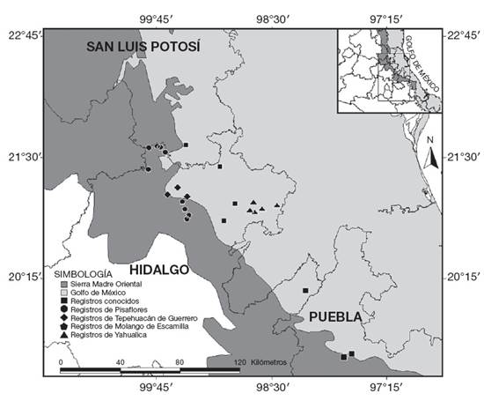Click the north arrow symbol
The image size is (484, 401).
(430, 155)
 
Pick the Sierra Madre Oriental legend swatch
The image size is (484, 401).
(65, 285)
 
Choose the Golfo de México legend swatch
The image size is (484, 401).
(65, 293)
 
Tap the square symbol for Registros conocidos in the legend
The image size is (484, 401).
(65, 301)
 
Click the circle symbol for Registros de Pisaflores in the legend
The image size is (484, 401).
(65, 309)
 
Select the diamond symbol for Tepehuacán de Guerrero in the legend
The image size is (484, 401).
(65, 318)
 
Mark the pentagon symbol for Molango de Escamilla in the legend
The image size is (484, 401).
(65, 326)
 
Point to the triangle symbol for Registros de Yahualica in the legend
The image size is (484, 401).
(65, 335)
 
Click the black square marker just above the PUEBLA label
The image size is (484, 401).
(305, 291)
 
